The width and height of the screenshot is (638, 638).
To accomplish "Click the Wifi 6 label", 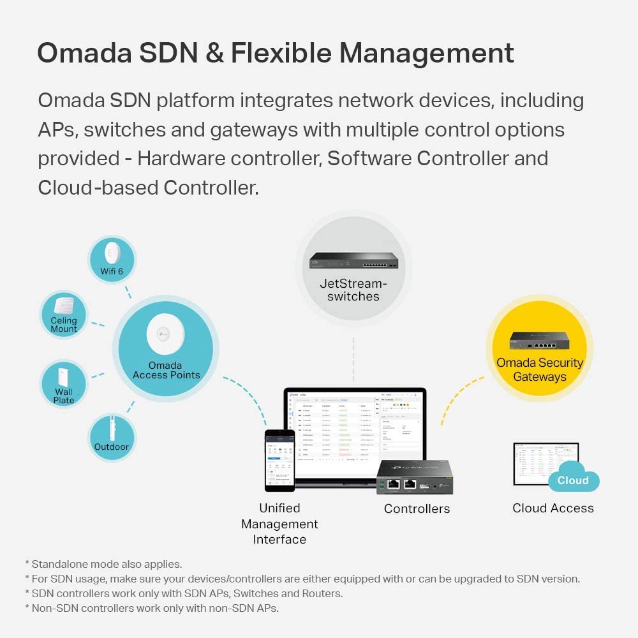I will [x=112, y=271].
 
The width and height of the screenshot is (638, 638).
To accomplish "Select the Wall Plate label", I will [x=64, y=396].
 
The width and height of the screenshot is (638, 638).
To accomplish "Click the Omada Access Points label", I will [x=167, y=371].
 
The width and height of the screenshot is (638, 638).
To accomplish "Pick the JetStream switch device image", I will [x=353, y=260].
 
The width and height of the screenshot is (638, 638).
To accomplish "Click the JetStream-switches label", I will [x=353, y=290].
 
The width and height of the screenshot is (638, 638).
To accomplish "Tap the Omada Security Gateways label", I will [x=540, y=369].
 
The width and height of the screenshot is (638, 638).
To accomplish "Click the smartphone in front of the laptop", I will [x=279, y=460].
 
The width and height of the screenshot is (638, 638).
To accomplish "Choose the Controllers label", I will [x=417, y=509].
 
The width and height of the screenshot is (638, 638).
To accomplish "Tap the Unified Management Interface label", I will [x=279, y=524].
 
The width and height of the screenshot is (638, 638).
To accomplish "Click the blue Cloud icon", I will [x=573, y=480].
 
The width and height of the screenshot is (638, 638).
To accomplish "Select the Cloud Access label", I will [x=553, y=508].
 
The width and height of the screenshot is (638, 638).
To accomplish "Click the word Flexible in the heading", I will [x=281, y=52].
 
